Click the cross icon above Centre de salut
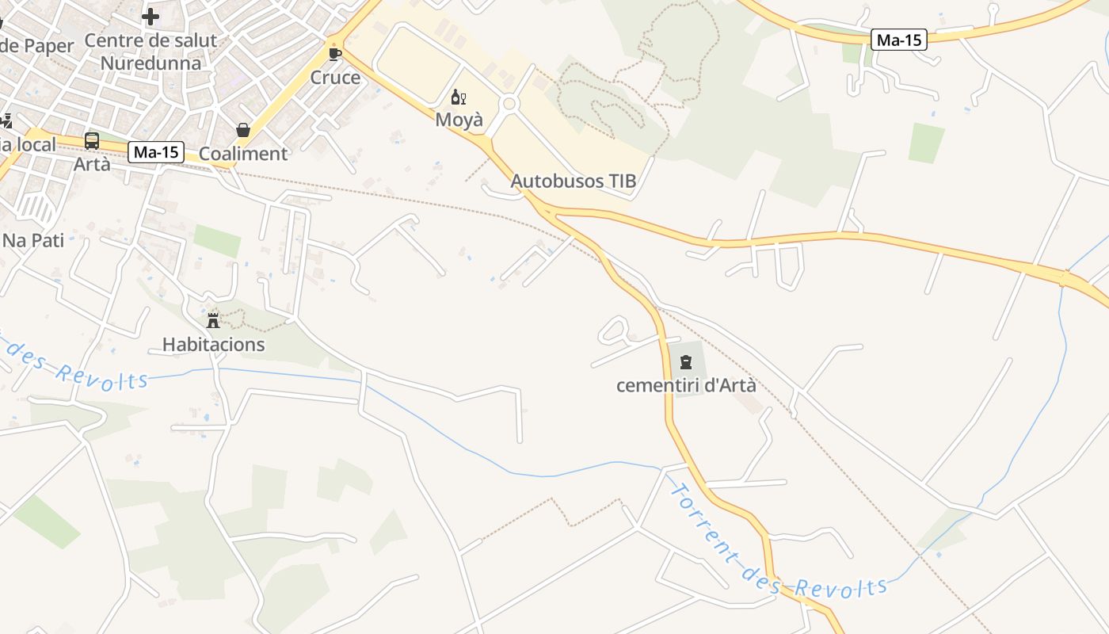(150, 16)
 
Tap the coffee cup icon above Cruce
(335, 55)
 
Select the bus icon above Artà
(92, 141)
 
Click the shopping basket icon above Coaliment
(243, 130)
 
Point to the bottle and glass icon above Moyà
(458, 97)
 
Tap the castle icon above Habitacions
(213, 321)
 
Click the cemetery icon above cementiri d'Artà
(685, 362)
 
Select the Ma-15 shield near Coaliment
(156, 152)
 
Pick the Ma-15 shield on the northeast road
(898, 40)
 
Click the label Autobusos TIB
(573, 181)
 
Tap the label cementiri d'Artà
(686, 386)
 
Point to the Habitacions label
(213, 345)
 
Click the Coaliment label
(242, 154)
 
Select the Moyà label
(459, 120)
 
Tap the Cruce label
(335, 78)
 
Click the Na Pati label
(33, 240)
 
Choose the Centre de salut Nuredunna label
(151, 52)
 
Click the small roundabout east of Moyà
(509, 104)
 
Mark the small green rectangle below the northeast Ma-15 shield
(926, 143)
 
